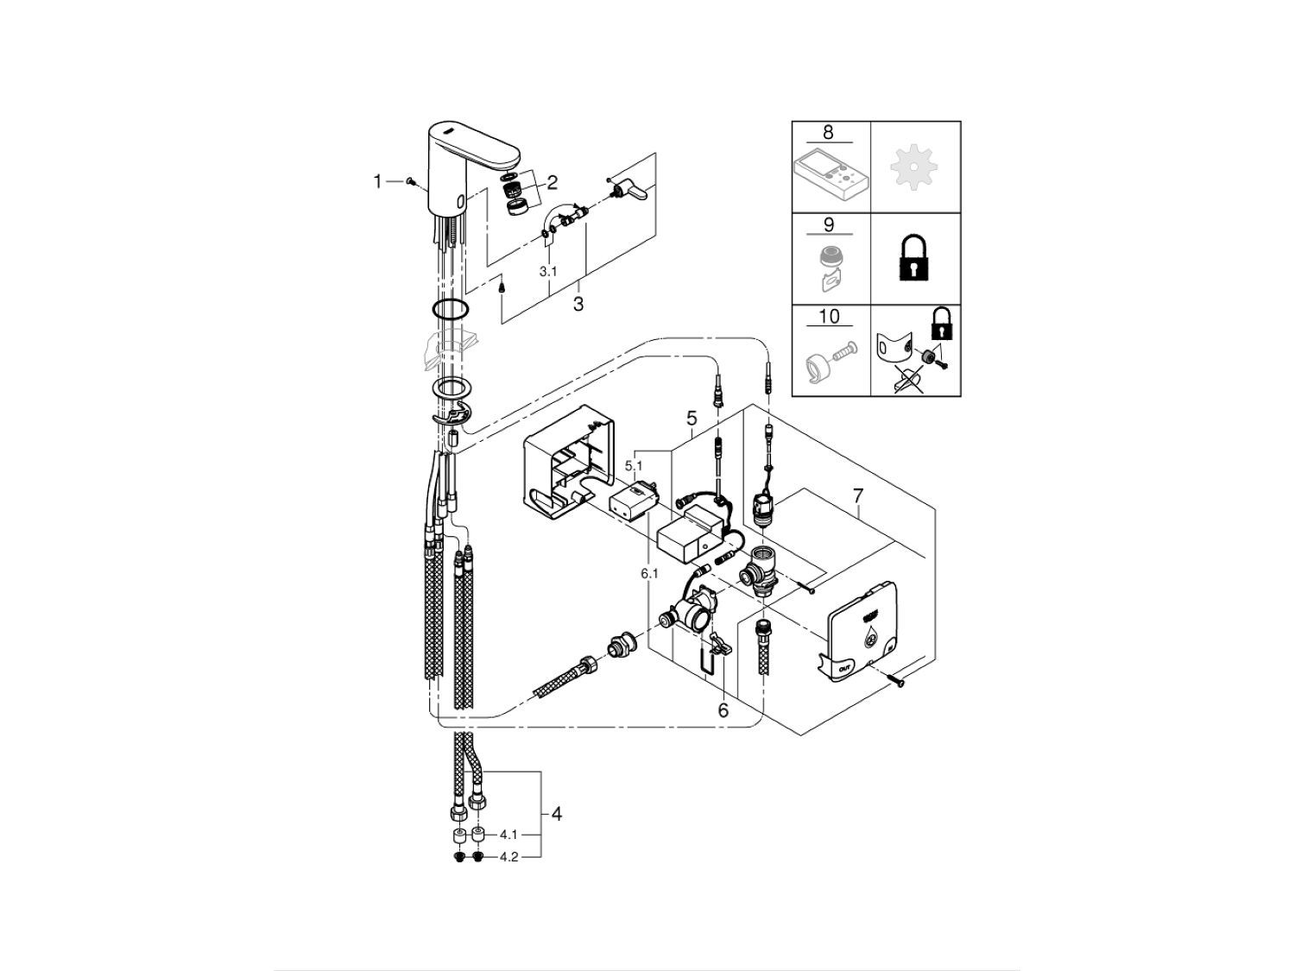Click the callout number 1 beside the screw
pyautogui.click(x=377, y=181)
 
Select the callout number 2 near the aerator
pyautogui.click(x=552, y=182)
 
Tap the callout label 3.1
pyautogui.click(x=548, y=271)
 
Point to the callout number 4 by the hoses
pyautogui.click(x=557, y=813)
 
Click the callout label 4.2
pyautogui.click(x=509, y=858)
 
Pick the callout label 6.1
pyautogui.click(x=648, y=572)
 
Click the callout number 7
pyautogui.click(x=857, y=496)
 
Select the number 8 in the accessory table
pyautogui.click(x=828, y=133)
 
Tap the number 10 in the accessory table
pyautogui.click(x=828, y=317)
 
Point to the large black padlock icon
pyautogui.click(x=914, y=257)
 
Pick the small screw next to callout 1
pyautogui.click(x=411, y=182)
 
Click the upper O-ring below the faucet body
pyautogui.click(x=450, y=311)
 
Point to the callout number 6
pyautogui.click(x=723, y=709)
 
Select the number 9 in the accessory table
pyautogui.click(x=828, y=225)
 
